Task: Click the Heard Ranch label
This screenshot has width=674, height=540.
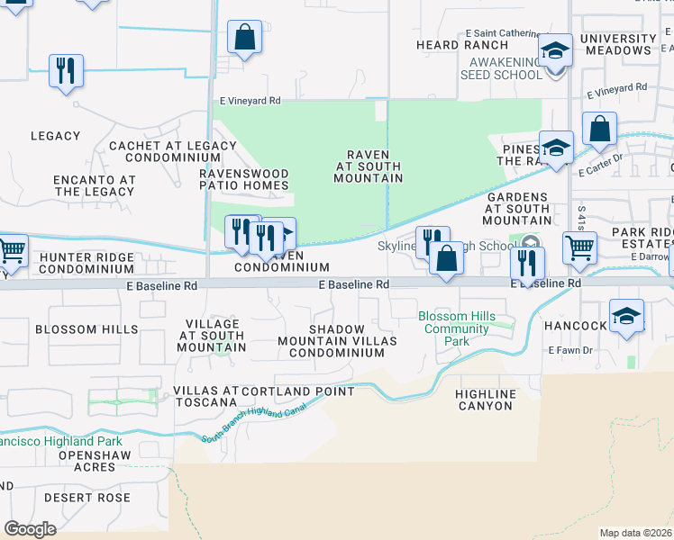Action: click(x=450, y=44)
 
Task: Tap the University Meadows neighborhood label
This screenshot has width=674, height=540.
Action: click(x=616, y=44)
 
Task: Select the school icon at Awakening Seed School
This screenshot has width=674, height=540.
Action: click(x=555, y=50)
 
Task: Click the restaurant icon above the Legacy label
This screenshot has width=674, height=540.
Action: click(x=66, y=71)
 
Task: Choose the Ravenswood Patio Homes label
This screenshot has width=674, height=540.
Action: click(x=244, y=179)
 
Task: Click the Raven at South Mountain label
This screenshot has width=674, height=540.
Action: click(x=368, y=166)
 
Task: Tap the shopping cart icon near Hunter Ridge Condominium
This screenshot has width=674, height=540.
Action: click(x=12, y=250)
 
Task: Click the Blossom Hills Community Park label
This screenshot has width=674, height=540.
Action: click(x=457, y=328)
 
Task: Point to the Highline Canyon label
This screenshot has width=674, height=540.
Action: click(x=485, y=400)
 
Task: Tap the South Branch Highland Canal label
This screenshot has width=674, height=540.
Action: click(x=253, y=423)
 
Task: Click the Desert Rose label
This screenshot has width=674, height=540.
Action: click(x=89, y=498)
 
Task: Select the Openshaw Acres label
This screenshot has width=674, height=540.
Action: click(x=94, y=461)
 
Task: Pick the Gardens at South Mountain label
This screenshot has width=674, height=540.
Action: click(x=517, y=208)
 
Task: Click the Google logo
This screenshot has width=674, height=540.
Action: click(x=30, y=529)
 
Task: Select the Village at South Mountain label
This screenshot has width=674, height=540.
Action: click(x=212, y=336)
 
